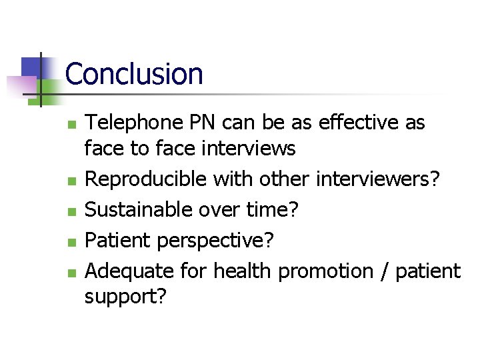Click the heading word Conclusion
pos(134,74)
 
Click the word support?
pos(125,297)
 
